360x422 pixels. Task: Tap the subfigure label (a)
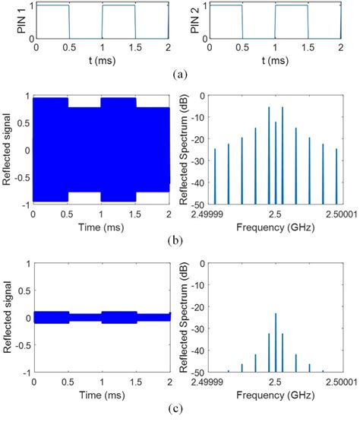pyautogui.click(x=180, y=75)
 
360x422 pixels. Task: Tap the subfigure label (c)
pyautogui.click(x=180, y=411)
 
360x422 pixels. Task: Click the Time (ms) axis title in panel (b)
pyautogui.click(x=101, y=227)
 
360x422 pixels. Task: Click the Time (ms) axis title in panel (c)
pyautogui.click(x=101, y=396)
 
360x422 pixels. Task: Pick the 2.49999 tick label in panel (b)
pyautogui.click(x=215, y=215)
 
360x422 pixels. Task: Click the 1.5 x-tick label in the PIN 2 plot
pyautogui.click(x=308, y=48)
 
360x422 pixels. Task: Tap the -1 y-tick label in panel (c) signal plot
pyautogui.click(x=25, y=373)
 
